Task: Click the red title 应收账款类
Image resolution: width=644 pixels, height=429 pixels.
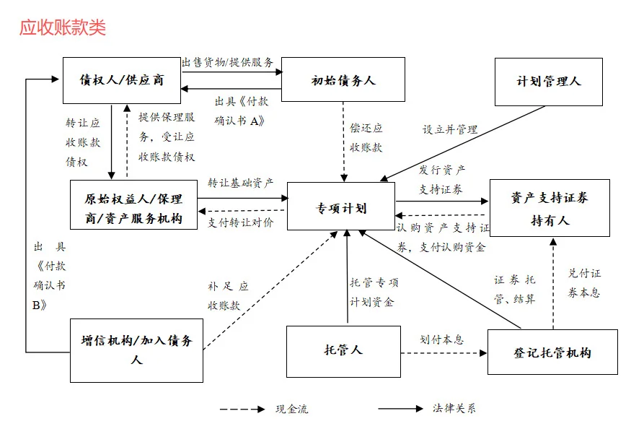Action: [62, 27]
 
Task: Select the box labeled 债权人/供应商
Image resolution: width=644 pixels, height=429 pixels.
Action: [121, 79]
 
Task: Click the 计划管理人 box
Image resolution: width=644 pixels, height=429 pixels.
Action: [549, 82]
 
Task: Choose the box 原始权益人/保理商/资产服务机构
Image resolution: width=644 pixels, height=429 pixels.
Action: [133, 208]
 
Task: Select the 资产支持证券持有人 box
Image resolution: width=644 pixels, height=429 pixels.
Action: [549, 208]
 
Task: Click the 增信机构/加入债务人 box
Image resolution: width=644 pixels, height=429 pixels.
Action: [136, 350]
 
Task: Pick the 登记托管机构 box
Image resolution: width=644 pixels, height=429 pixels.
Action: [552, 352]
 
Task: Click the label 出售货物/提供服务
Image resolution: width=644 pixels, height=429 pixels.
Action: [227, 62]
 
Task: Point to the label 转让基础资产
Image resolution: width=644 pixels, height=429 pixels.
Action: [240, 183]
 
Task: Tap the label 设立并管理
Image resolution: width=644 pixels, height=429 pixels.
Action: [450, 130]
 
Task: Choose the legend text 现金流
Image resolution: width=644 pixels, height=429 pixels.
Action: [291, 409]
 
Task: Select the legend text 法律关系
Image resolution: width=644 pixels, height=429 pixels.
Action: [454, 409]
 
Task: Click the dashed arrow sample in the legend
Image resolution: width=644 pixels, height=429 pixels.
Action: [242, 409]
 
